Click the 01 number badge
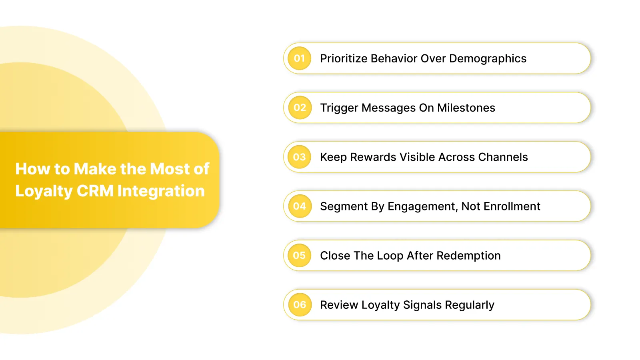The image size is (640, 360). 300,58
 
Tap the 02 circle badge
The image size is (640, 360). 300,108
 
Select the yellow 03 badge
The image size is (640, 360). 300,157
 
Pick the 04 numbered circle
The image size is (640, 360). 300,206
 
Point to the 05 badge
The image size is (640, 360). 300,256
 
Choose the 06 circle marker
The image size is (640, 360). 300,305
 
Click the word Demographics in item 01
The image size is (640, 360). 488,59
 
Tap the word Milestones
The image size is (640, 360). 466,108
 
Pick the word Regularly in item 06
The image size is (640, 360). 470,305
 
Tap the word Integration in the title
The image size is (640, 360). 161,191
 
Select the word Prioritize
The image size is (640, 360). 344,59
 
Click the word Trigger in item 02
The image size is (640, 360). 339,108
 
